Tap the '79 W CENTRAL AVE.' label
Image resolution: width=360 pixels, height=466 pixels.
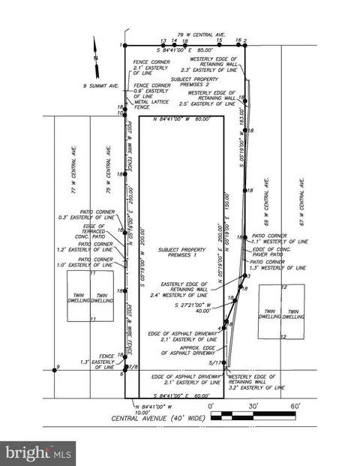202,34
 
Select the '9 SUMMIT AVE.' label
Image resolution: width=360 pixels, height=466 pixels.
101,86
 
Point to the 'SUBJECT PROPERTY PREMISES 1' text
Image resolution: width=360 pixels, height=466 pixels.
176,254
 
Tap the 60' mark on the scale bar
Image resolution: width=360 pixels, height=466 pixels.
295,405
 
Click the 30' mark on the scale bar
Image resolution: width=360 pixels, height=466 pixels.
253,405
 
